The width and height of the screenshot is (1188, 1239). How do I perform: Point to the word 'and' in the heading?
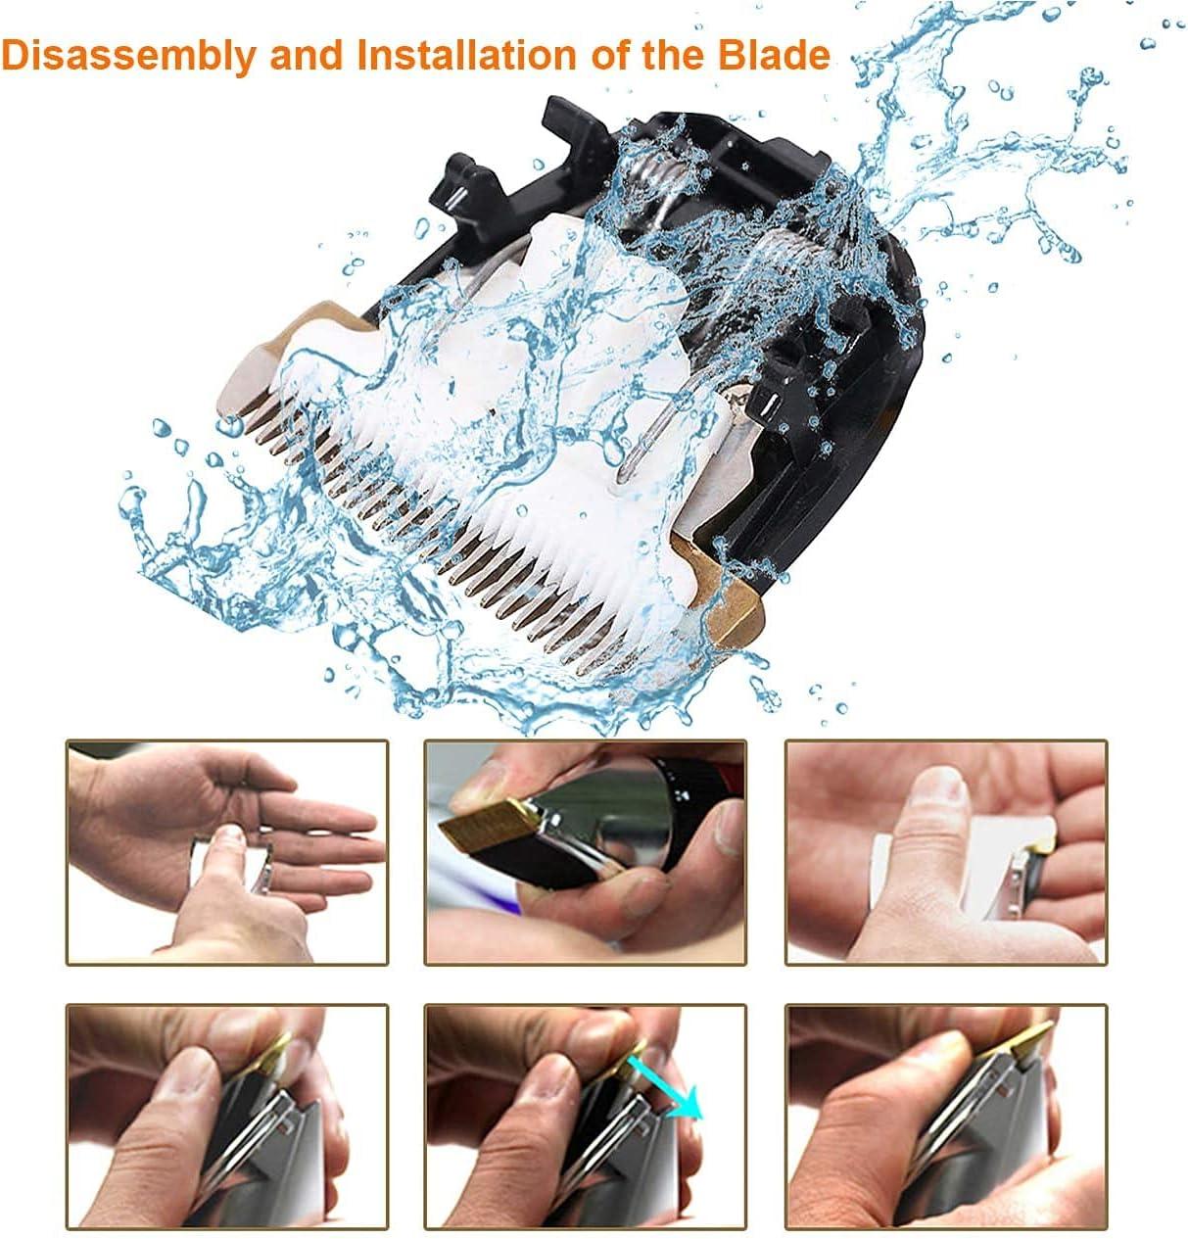[307, 56]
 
